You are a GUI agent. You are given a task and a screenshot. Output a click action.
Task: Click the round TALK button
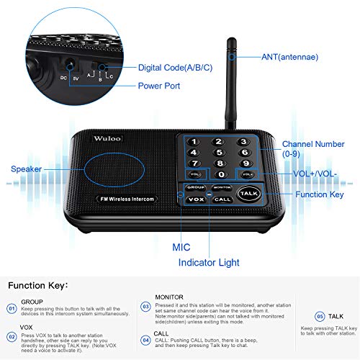pos(248,194)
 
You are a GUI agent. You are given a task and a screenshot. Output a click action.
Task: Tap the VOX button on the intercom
pos(195,199)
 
